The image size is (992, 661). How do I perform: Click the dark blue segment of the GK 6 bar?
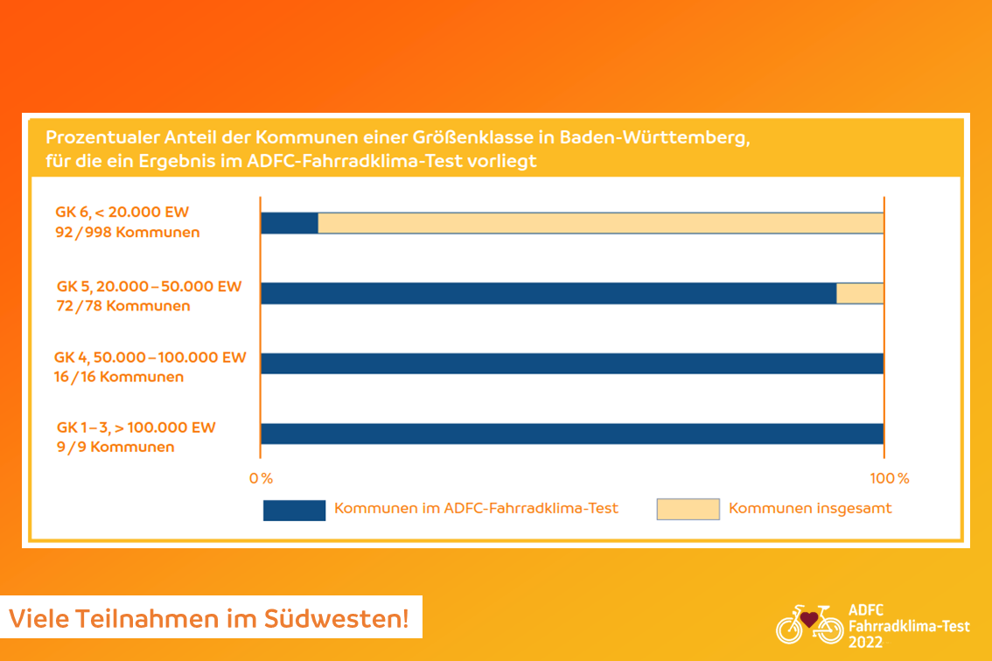290,223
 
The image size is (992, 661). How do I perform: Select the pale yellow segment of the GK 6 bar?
601,223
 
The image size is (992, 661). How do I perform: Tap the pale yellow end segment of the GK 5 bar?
860,294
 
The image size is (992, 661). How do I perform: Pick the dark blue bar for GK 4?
572,364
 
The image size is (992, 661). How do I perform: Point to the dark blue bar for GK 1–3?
572,434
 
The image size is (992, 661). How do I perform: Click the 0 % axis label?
261,478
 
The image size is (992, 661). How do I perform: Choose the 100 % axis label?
890,478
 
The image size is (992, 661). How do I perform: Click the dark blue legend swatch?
294,510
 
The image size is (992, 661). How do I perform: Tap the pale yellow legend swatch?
688,509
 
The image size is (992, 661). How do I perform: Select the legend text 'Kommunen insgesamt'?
810,509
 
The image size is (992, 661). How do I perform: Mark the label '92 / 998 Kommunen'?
127,233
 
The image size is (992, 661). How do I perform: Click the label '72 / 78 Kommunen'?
122,306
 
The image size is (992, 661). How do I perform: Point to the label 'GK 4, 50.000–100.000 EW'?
150,358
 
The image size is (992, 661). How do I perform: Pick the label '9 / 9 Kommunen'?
115,447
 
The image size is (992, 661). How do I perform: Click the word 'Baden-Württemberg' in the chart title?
655,138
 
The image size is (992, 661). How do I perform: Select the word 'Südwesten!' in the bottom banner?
337,619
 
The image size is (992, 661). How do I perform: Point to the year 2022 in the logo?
865,642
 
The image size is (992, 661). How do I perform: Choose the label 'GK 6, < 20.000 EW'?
122,212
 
